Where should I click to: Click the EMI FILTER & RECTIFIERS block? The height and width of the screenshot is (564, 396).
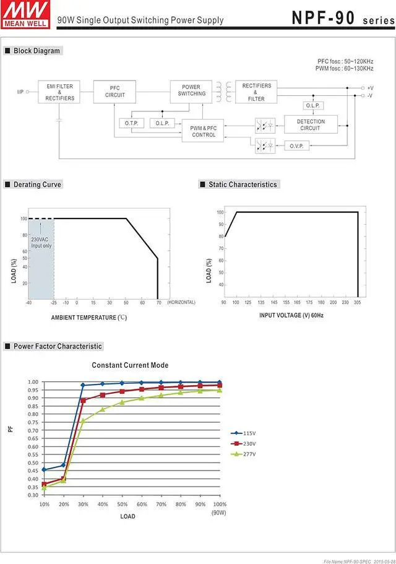59,93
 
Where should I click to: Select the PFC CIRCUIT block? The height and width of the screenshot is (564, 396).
114,91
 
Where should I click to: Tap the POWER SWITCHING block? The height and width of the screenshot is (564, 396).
192,90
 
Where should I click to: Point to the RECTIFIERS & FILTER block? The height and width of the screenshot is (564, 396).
256,92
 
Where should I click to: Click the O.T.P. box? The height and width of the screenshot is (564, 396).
131,123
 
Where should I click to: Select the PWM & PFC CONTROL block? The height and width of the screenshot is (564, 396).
204,131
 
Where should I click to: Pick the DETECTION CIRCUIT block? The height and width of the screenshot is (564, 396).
311,125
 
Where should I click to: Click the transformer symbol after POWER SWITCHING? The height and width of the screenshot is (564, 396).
223,91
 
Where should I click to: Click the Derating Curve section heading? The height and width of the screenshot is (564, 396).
37,184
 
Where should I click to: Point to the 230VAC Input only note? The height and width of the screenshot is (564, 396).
41,243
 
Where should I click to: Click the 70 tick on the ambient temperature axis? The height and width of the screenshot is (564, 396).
158,303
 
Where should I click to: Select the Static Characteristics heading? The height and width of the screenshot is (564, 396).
243,184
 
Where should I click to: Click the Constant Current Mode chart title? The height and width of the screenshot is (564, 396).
130,365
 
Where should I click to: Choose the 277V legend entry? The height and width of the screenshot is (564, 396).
245,454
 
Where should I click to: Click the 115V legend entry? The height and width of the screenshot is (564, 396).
245,433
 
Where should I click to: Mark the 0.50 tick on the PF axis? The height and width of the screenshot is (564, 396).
32,463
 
